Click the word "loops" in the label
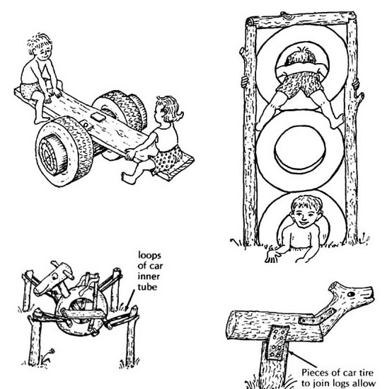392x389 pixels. pos(149,256)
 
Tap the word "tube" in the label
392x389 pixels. pos(147,287)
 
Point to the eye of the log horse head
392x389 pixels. pos(351,294)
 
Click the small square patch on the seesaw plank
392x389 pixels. pos(98,117)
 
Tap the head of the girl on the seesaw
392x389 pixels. pos(168,109)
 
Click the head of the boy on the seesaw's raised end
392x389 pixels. pos(41,47)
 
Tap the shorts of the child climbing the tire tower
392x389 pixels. pos(300,84)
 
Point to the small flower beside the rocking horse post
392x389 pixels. pos(52,351)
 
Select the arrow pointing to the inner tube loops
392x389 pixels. pos(129,300)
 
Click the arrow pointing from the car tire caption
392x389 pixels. pos(302,359)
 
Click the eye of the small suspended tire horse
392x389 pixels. pos(54,276)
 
